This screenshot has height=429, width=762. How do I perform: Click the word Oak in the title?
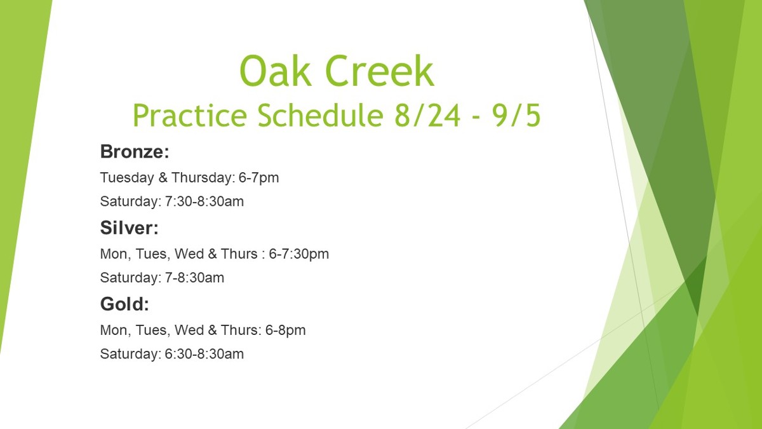click(275, 71)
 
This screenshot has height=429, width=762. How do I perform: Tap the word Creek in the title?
click(380, 71)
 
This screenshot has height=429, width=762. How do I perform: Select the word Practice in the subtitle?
click(190, 115)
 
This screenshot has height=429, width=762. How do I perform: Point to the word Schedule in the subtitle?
click(320, 115)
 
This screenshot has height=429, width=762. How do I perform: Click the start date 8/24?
click(427, 115)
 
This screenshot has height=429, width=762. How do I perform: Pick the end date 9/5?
click(516, 115)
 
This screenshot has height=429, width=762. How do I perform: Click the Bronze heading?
click(135, 151)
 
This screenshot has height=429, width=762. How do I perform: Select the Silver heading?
click(130, 228)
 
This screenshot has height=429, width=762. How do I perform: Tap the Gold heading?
click(124, 304)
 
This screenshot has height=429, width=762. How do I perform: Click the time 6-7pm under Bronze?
click(258, 178)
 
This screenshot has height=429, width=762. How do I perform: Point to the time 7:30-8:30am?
click(204, 201)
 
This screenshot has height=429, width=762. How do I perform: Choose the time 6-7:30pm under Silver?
click(298, 254)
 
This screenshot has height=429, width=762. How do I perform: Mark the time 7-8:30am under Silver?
click(194, 278)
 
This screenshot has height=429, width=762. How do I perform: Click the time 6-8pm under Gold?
click(285, 330)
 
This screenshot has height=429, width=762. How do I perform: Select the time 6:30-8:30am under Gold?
click(204, 354)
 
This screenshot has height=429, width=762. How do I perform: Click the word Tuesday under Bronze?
click(127, 179)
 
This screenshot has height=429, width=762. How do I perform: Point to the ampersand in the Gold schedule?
click(212, 330)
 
